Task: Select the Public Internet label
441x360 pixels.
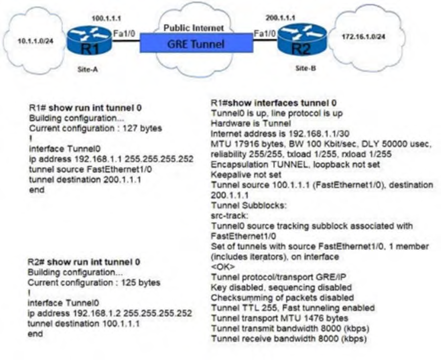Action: click(194, 29)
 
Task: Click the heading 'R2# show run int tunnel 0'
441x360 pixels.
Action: click(85, 262)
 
